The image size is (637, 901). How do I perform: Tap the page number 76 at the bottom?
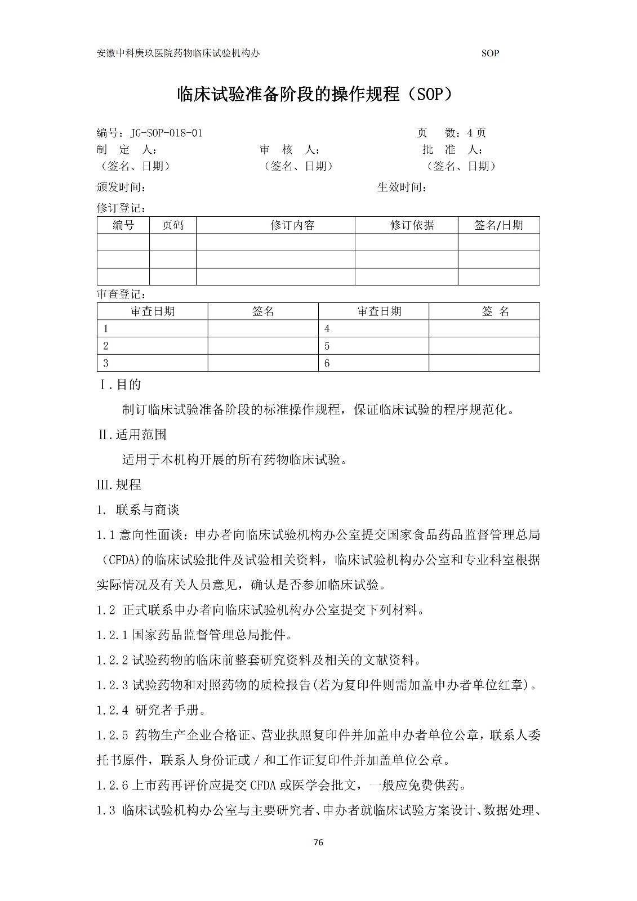[318, 842]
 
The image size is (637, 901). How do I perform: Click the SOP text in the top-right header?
[491, 53]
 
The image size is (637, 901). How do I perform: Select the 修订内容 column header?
[292, 225]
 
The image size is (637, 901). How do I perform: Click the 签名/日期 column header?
[498, 225]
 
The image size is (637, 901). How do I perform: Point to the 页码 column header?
[173, 225]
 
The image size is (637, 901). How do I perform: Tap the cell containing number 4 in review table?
[327, 329]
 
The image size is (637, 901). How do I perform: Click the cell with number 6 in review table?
[327, 363]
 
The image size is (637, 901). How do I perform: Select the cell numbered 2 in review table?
[106, 346]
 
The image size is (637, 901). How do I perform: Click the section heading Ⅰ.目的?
[120, 385]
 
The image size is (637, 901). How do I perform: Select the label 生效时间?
[402, 187]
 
